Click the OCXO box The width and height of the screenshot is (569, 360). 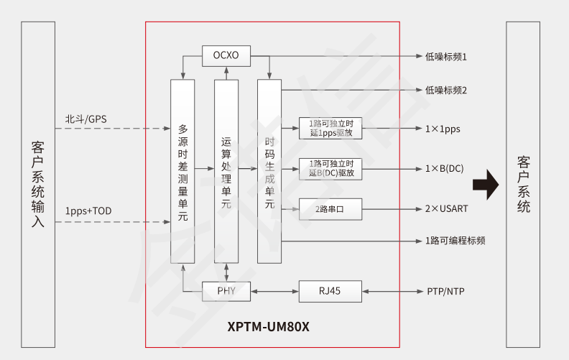tap(226, 55)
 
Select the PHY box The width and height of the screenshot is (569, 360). tap(226, 291)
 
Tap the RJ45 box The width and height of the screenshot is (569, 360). tap(331, 291)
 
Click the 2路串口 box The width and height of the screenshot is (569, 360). tap(330, 209)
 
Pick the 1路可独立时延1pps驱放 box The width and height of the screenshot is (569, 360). tap(330, 129)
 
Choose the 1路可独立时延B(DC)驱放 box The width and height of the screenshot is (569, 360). tap(330, 169)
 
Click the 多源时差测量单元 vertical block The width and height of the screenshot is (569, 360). tap(182, 171)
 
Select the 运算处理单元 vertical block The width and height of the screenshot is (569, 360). tap(226, 171)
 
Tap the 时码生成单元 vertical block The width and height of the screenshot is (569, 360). tap(269, 171)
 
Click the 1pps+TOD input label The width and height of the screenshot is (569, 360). tap(88, 211)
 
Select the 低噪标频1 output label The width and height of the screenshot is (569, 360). tap(446, 56)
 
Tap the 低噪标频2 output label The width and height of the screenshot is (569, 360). tap(446, 91)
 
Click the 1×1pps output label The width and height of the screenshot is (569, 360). tap(443, 129)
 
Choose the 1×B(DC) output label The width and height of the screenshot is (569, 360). tap(445, 169)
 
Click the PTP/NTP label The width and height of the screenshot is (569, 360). tap(446, 291)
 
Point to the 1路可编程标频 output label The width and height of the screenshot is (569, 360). tap(455, 241)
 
